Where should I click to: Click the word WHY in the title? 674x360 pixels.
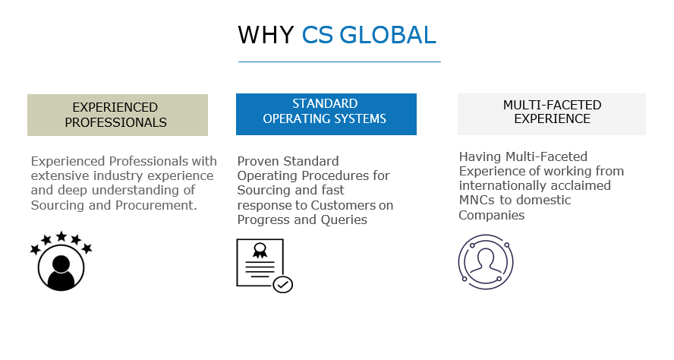266,35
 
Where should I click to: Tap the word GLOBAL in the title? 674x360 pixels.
388,35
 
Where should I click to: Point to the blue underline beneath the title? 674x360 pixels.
339,62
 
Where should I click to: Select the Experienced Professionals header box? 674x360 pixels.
118,115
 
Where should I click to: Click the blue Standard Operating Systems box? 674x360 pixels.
326,114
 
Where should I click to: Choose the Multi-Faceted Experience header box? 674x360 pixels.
552,114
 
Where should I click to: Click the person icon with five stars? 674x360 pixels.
61,261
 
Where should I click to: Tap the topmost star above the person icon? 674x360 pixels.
61,236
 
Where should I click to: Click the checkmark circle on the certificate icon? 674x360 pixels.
283,284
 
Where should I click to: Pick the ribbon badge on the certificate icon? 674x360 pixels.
260,251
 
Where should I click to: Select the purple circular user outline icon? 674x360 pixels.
486,262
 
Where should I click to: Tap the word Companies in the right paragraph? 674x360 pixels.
492,215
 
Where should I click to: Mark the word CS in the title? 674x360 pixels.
317,35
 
